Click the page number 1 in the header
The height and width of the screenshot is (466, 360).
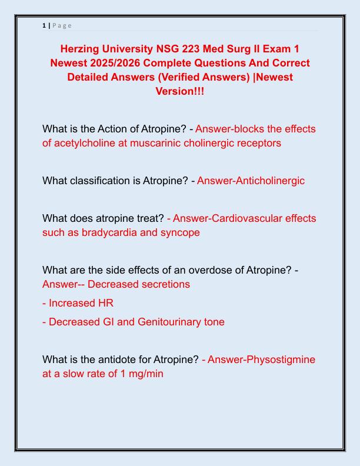(44, 25)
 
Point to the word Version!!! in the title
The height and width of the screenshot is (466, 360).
(180, 91)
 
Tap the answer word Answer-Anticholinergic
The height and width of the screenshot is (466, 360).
(251, 181)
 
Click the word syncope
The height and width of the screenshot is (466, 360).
(179, 232)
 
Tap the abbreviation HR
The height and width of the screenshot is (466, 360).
(105, 303)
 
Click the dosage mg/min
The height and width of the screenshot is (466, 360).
(142, 374)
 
